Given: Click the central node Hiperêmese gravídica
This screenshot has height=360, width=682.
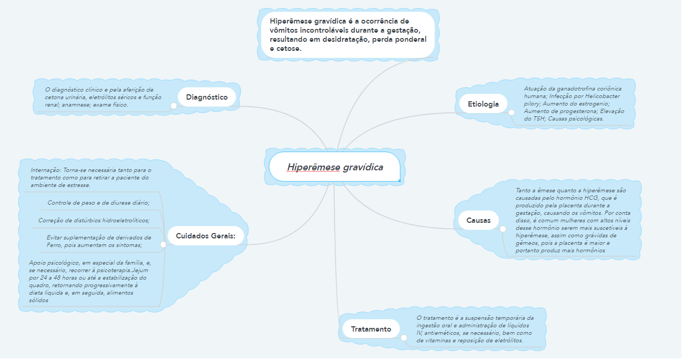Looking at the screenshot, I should (x=335, y=167).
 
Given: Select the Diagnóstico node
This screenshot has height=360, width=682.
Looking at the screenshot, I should (x=207, y=97).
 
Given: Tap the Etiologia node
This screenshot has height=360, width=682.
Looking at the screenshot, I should (x=483, y=104).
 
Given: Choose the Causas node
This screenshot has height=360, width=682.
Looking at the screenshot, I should (x=479, y=220).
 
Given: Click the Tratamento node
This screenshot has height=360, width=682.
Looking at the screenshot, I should (x=371, y=329).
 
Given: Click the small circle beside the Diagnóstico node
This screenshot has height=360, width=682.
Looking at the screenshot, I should (x=173, y=106).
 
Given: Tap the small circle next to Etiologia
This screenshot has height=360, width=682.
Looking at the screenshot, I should (x=511, y=113).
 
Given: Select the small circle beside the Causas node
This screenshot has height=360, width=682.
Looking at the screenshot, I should (x=503, y=229).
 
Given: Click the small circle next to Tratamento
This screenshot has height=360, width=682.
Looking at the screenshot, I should (x=403, y=337).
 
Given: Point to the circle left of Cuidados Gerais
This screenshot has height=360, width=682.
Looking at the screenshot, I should (x=163, y=244).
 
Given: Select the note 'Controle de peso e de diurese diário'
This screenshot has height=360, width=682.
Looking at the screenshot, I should (x=98, y=202).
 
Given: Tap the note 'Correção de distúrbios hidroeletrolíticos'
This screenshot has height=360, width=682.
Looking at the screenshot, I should (x=94, y=220).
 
